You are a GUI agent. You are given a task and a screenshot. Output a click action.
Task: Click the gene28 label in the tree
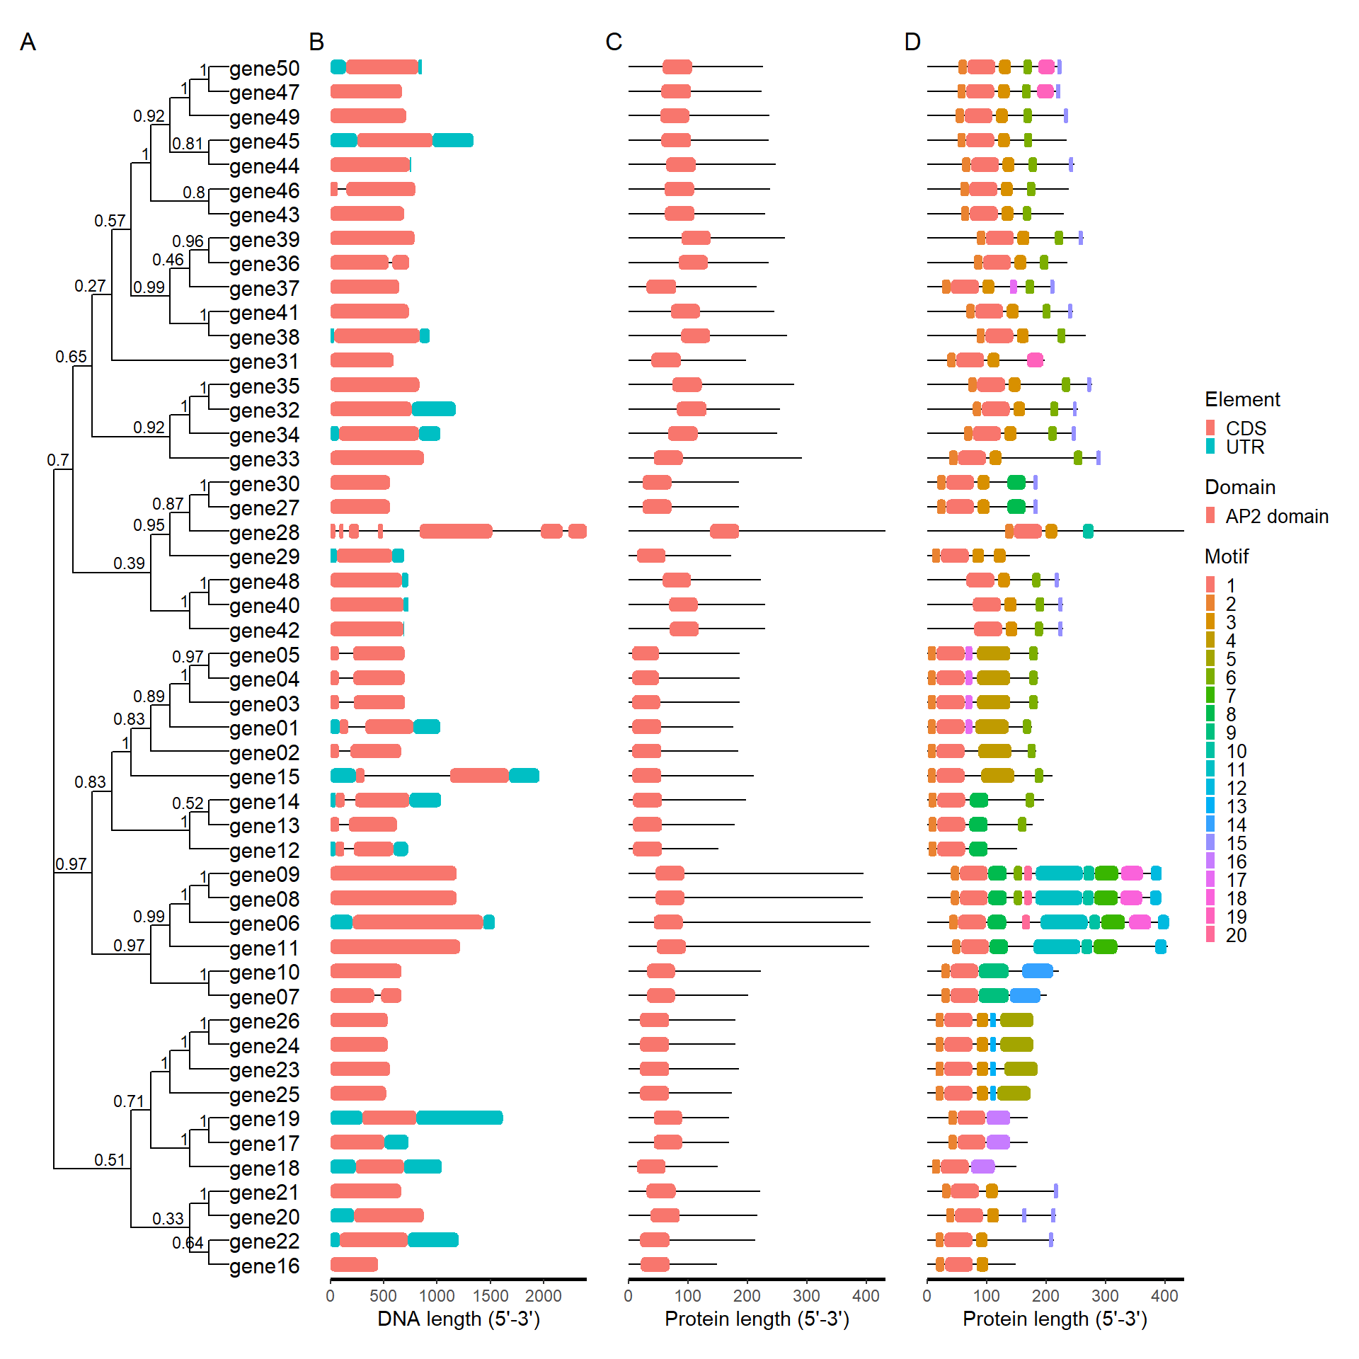(x=264, y=532)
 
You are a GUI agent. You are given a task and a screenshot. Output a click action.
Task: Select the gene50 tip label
(x=264, y=69)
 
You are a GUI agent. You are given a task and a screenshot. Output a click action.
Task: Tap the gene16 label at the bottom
(x=264, y=1266)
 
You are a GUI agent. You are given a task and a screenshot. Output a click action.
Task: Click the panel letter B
(x=316, y=42)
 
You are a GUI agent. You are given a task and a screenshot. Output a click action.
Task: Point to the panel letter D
(x=912, y=42)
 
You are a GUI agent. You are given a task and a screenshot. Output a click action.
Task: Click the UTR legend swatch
(x=1210, y=447)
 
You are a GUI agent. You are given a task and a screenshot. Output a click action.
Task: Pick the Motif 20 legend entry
(x=1236, y=935)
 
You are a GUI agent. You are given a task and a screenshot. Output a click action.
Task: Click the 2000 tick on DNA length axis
(x=543, y=1295)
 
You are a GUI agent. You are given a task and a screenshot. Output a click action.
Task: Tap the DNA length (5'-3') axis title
(x=459, y=1319)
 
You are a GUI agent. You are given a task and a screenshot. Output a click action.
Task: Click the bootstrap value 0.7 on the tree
(x=58, y=460)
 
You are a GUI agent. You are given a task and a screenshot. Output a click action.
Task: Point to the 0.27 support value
(x=90, y=286)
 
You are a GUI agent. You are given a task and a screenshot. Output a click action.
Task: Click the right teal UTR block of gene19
(x=459, y=1118)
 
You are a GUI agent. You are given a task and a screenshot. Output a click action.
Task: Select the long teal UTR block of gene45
(x=453, y=140)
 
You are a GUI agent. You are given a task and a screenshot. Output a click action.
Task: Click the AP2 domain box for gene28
(x=724, y=531)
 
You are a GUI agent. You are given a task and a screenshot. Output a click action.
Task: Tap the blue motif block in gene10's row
(x=1037, y=970)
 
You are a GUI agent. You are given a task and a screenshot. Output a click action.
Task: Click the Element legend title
(x=1242, y=399)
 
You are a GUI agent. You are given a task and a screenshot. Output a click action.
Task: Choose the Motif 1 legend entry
(x=1231, y=585)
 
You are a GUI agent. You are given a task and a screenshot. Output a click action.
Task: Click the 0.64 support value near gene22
(x=188, y=1243)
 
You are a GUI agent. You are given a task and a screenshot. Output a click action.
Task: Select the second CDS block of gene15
(x=479, y=775)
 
